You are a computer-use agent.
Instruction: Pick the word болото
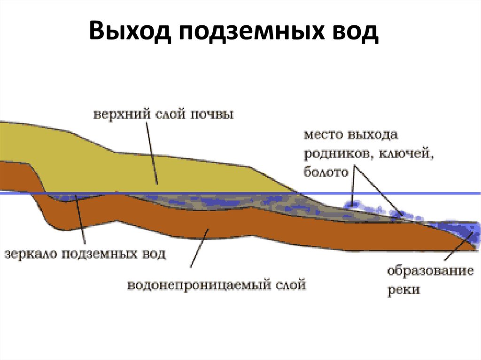click(x=326, y=172)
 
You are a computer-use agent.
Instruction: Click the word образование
click(x=429, y=271)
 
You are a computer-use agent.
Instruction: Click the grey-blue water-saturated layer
click(x=211, y=202)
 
